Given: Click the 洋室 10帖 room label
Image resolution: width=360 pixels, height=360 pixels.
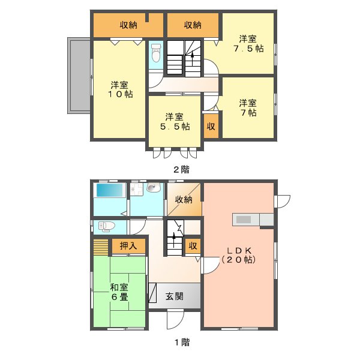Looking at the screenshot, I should pos(121,89).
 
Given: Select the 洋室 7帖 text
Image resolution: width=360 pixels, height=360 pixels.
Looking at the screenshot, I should pos(247,107).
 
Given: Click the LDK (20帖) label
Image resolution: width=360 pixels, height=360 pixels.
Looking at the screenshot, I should pos(239,255).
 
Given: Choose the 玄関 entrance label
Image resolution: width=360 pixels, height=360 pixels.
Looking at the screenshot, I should pos(175,296).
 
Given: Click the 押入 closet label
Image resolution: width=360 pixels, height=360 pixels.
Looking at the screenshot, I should pos(128,245).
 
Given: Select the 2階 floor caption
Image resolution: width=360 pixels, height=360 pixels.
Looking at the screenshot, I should pos(180,169).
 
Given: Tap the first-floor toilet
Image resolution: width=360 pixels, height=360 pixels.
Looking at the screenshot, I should pos(105,226).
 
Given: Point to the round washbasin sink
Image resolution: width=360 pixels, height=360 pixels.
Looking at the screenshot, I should pos(152,188).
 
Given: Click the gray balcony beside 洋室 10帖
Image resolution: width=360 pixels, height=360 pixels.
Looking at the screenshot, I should pos(79,76).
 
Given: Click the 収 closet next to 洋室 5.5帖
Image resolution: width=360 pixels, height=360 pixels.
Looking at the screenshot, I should pos(211,126).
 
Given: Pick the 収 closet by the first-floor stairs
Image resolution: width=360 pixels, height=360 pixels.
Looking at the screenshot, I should pos(193,245).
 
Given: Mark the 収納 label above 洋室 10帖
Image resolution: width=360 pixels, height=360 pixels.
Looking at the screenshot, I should pos(128,25).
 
